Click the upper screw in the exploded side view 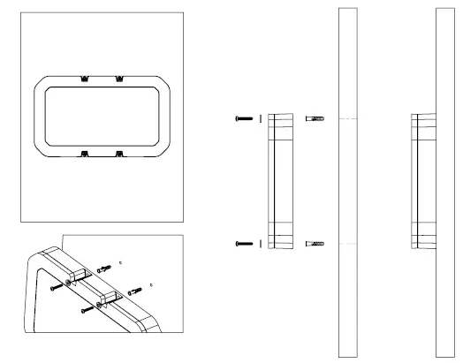[244, 118]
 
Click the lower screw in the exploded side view [244, 243]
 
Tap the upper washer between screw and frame [260, 118]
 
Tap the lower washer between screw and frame [260, 243]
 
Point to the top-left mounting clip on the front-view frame [84, 79]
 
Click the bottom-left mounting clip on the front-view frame [84, 153]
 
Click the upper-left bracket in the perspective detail [79, 273]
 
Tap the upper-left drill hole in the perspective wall [120, 262]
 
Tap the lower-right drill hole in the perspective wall [151, 285]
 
